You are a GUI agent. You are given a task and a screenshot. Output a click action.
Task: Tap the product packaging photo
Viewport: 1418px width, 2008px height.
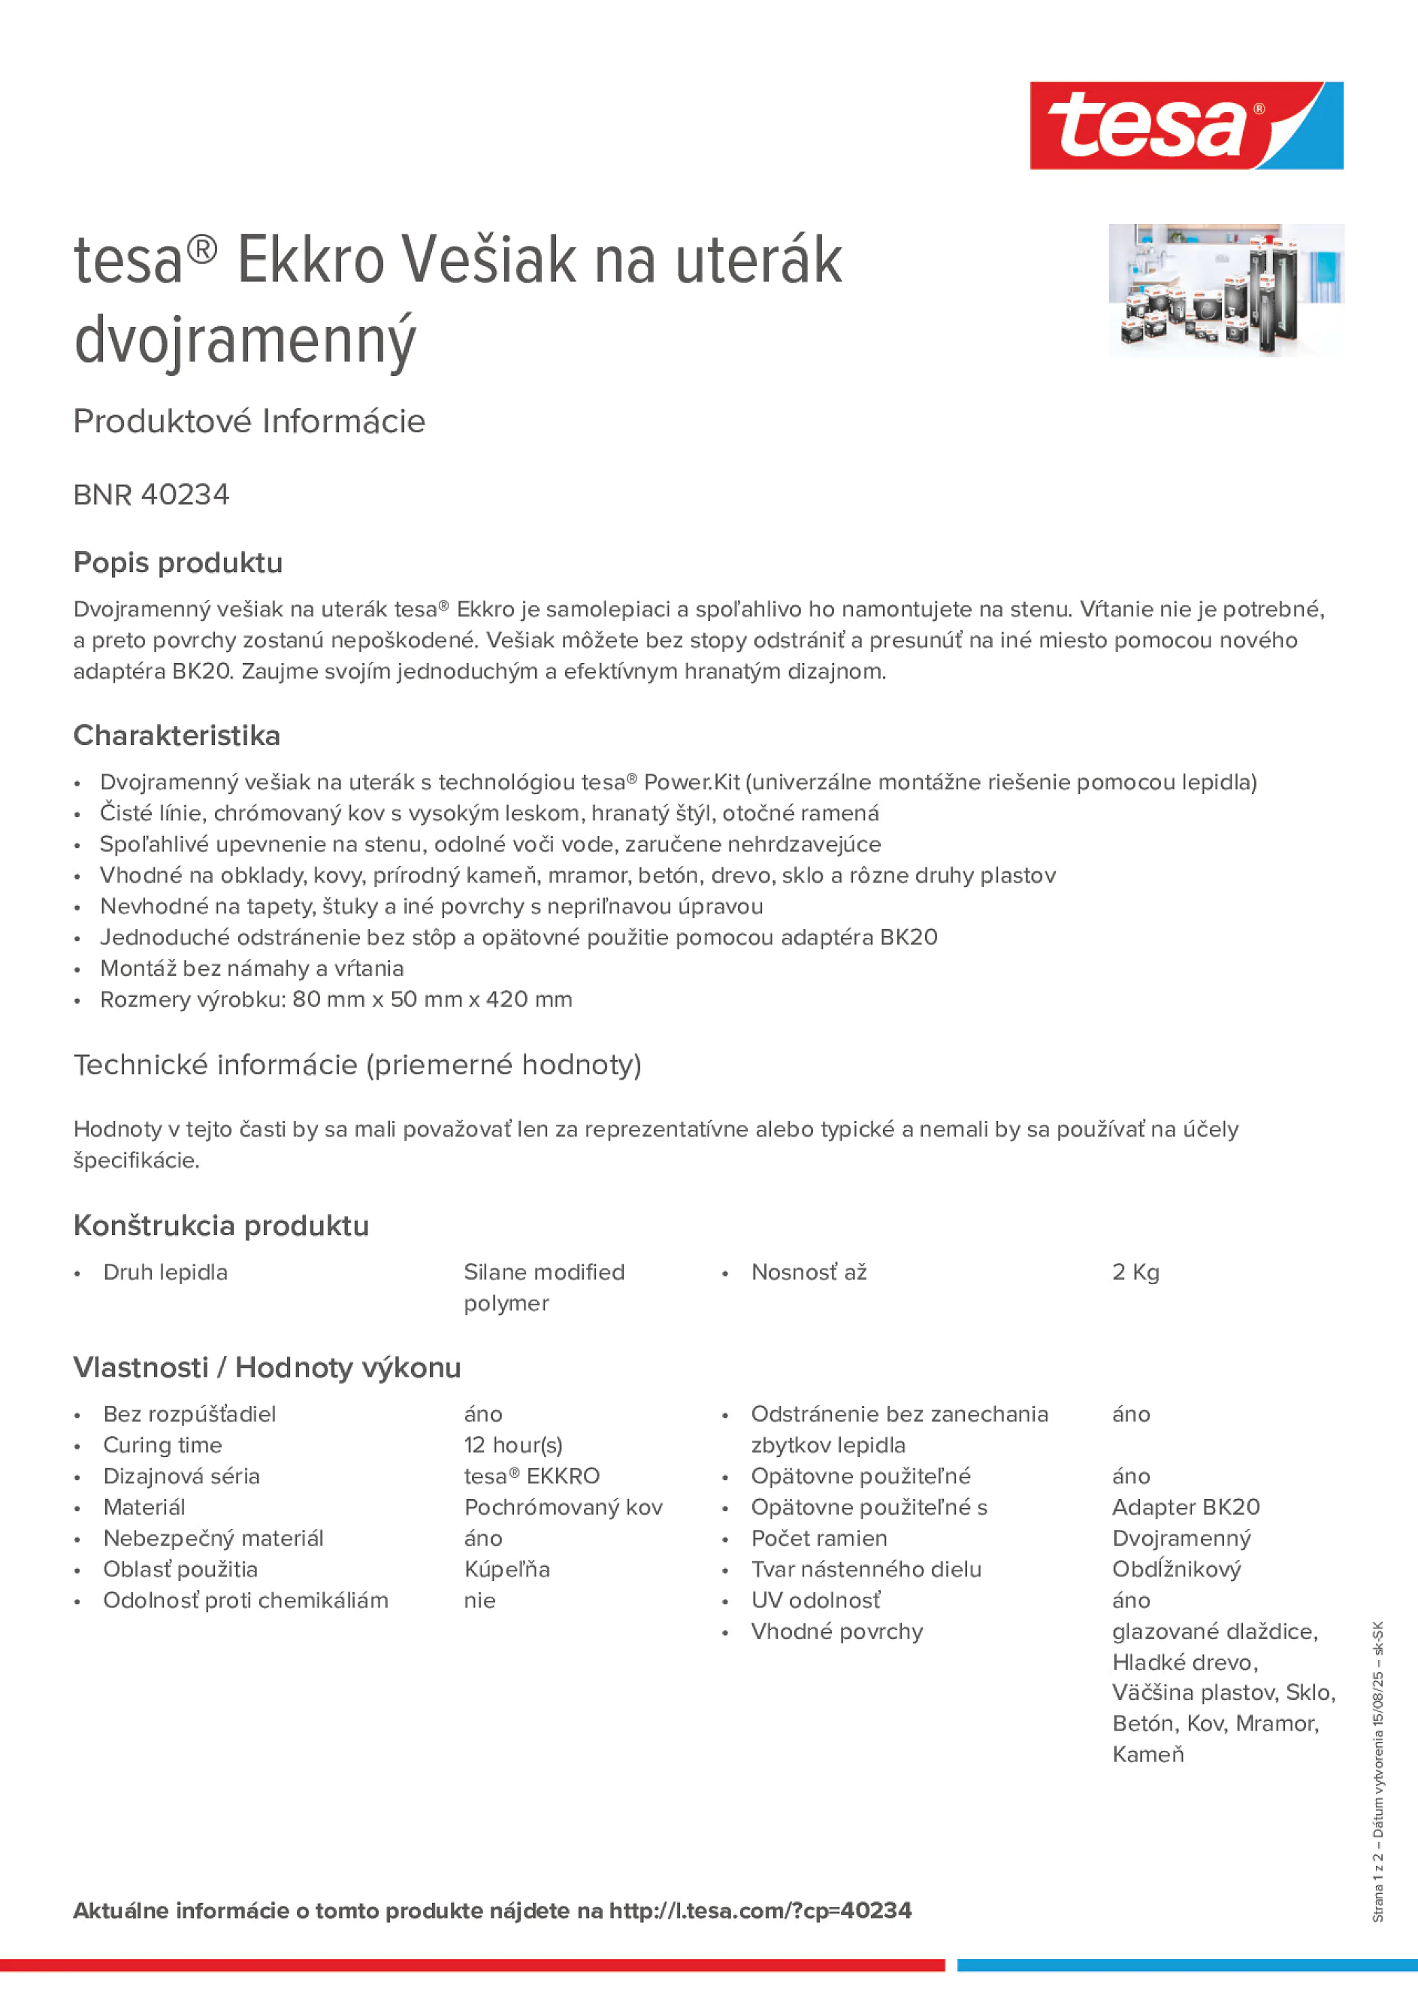(1226, 289)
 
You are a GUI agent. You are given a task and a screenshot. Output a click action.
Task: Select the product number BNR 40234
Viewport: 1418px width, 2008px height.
(151, 495)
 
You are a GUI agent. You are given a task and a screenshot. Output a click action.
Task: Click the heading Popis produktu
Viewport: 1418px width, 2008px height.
(177, 562)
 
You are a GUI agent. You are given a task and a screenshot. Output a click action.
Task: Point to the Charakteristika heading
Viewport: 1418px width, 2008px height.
(177, 735)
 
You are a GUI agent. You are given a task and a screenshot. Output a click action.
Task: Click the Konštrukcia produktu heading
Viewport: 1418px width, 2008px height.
(220, 1225)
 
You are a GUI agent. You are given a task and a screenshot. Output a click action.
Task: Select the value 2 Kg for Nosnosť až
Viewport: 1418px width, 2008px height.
(1135, 1273)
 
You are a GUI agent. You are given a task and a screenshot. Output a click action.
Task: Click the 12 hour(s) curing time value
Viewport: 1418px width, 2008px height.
(513, 1445)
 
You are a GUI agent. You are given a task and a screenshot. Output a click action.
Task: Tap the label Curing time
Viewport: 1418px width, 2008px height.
(162, 1445)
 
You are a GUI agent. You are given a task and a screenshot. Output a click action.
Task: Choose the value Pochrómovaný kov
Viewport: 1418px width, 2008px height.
(563, 1507)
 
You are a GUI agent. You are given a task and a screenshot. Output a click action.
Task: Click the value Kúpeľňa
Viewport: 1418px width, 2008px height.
(507, 1569)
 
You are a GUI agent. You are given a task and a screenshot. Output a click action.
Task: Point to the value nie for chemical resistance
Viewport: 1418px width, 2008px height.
(480, 1601)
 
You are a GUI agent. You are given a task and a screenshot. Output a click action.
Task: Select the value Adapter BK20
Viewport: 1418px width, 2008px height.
(1186, 1507)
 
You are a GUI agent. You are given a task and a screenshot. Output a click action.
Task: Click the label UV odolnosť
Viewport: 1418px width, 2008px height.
(815, 1601)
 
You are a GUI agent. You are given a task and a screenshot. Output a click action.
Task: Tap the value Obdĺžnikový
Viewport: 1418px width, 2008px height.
(1176, 1569)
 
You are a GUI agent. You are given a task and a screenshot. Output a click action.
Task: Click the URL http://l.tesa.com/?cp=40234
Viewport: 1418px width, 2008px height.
(760, 1911)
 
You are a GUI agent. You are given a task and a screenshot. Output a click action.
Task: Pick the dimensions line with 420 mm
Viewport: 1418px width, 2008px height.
(336, 1000)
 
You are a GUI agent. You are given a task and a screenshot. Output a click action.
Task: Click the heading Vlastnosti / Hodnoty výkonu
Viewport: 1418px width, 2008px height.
(267, 1367)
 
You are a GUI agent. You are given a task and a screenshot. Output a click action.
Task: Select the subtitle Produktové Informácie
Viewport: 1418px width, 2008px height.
(249, 422)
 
